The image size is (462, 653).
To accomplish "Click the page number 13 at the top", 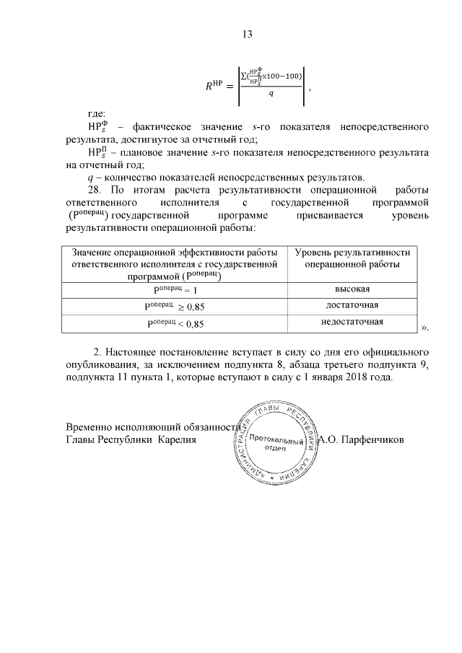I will [246, 35].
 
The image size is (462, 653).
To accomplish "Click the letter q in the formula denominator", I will [271, 93].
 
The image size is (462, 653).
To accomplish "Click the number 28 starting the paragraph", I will [93, 190].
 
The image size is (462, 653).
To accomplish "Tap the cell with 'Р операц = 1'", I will [176, 290].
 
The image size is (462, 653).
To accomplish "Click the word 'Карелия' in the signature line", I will [178, 439].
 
